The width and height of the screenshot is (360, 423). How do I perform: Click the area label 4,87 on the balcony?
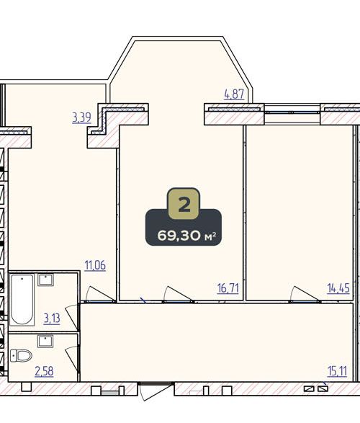(234, 94)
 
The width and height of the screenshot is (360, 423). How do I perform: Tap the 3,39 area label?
(81, 117)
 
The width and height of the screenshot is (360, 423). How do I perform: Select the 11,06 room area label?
(95, 265)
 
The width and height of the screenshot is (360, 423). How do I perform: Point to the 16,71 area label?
(228, 288)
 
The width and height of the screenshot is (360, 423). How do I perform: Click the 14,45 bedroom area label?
(338, 288)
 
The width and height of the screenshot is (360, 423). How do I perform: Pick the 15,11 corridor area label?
(337, 371)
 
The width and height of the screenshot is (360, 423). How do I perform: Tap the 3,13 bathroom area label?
(52, 319)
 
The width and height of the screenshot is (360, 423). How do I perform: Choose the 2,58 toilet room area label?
(44, 371)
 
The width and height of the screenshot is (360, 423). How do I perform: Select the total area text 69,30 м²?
(186, 236)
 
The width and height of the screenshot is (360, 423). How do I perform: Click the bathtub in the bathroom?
(22, 300)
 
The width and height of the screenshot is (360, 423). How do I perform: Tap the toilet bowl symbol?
(21, 355)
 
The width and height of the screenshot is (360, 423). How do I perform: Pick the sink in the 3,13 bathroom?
(45, 280)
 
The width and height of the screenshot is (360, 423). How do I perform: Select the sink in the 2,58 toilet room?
(45, 342)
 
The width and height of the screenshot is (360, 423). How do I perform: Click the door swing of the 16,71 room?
(177, 294)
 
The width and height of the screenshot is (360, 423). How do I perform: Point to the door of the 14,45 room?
(305, 294)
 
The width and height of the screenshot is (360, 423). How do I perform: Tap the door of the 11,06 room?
(100, 294)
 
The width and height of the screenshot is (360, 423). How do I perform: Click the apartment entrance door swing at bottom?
(154, 392)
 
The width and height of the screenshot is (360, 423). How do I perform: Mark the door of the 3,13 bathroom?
(72, 317)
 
